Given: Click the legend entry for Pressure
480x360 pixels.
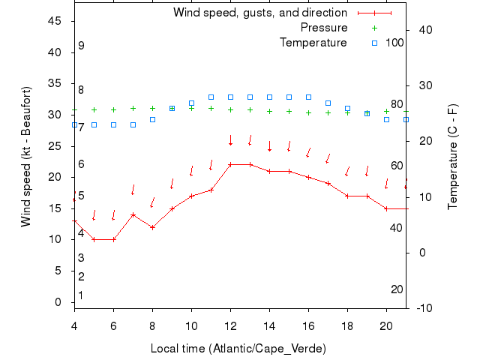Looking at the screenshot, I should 324,28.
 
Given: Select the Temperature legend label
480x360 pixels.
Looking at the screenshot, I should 313,43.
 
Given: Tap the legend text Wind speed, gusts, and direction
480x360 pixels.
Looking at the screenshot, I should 259,13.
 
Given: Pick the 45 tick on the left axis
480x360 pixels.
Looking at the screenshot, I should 55,21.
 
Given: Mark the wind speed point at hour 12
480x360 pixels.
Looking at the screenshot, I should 230,164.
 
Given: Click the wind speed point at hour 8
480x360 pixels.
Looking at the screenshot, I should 152,227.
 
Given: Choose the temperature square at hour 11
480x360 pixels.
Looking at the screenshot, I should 211,97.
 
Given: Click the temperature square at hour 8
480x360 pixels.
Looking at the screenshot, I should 152,119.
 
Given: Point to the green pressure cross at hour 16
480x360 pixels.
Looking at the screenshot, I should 308,112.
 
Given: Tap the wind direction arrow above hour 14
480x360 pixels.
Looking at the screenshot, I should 269,145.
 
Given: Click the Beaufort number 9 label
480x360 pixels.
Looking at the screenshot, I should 81,46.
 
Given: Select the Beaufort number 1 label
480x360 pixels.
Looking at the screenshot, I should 80,295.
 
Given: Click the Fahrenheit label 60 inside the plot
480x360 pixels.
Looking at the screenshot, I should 397,166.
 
